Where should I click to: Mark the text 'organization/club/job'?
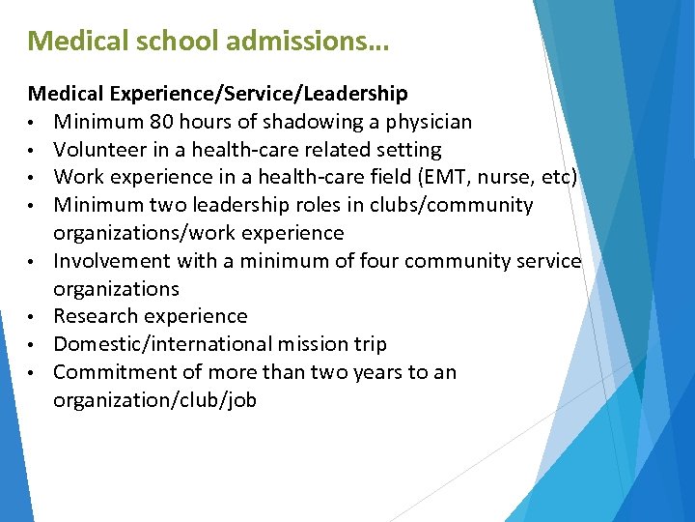coord(154,400)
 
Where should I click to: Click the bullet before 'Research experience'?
coord(33,317)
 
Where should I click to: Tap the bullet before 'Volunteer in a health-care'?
coord(33,151)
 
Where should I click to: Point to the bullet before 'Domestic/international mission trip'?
coord(33,345)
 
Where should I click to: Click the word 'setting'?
coord(409,150)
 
